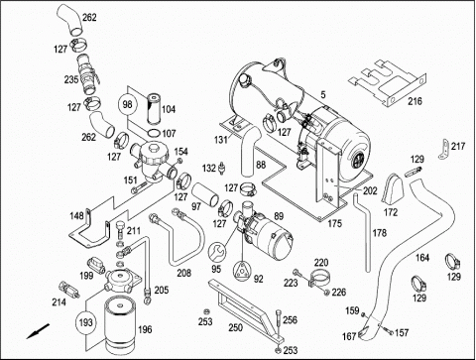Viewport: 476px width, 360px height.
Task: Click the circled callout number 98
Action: [x=127, y=104]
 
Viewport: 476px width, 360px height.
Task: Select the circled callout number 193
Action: [x=86, y=321]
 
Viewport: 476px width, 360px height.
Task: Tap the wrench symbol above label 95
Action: [x=217, y=252]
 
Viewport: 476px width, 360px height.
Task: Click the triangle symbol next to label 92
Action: [x=243, y=271]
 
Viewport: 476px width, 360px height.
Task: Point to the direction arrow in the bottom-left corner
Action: [x=38, y=331]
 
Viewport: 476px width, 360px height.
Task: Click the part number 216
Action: [x=415, y=101]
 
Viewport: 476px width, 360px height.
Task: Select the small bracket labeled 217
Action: [x=445, y=149]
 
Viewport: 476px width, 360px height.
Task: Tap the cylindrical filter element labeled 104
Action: [x=154, y=109]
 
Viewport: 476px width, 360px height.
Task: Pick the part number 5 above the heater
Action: [x=323, y=95]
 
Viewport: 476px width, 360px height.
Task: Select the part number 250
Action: [x=235, y=327]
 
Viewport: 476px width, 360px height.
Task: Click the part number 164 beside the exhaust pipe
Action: [x=422, y=257]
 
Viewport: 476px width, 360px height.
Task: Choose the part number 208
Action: [x=183, y=273]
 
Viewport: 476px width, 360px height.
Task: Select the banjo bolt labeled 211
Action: [x=121, y=229]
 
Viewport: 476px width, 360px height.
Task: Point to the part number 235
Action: [x=71, y=79]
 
